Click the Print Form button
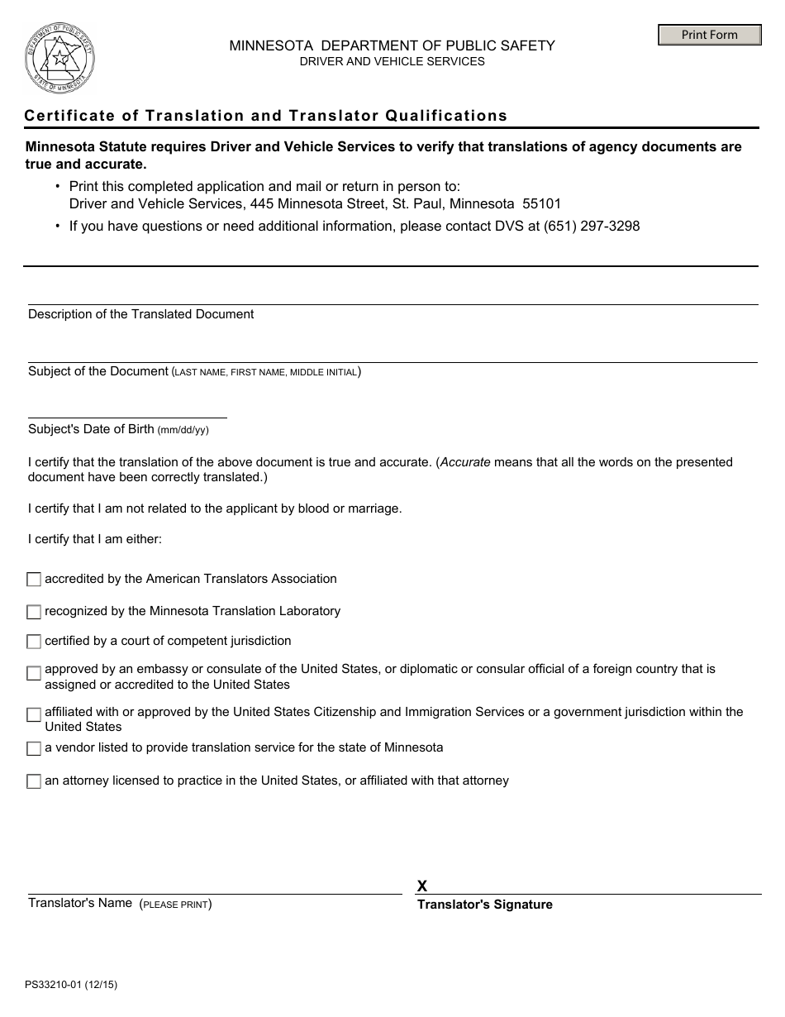pyautogui.click(x=709, y=35)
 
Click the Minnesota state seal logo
pyautogui.click(x=60, y=59)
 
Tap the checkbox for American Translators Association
pyautogui.click(x=34, y=580)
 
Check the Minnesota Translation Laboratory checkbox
pyautogui.click(x=34, y=612)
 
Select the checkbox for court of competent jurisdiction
pyautogui.click(x=34, y=642)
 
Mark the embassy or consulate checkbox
pyautogui.click(x=34, y=674)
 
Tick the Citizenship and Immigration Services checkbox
pyautogui.click(x=34, y=715)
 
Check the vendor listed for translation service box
pyautogui.click(x=34, y=749)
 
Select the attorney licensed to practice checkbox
pyautogui.click(x=34, y=781)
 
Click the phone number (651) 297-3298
pyautogui.click(x=592, y=226)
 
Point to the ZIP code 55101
pyautogui.click(x=542, y=203)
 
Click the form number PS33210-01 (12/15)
pyautogui.click(x=65, y=985)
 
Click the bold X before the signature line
pyautogui.click(x=422, y=886)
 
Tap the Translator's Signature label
pyautogui.click(x=484, y=905)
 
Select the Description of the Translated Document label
pyautogui.click(x=140, y=314)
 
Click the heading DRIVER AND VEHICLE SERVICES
pyautogui.click(x=392, y=61)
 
